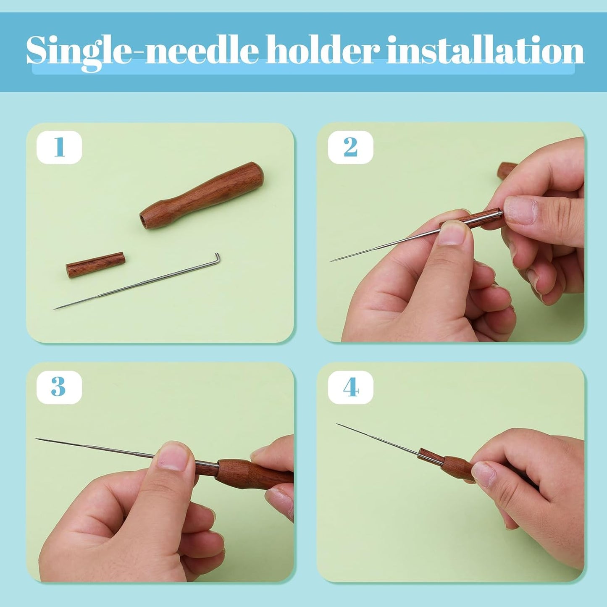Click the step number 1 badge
59,147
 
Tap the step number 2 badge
350,147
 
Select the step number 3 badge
59,387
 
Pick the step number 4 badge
350,387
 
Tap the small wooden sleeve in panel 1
95,265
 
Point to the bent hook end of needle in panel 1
217,256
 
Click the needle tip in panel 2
332,261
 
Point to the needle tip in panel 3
37,439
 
